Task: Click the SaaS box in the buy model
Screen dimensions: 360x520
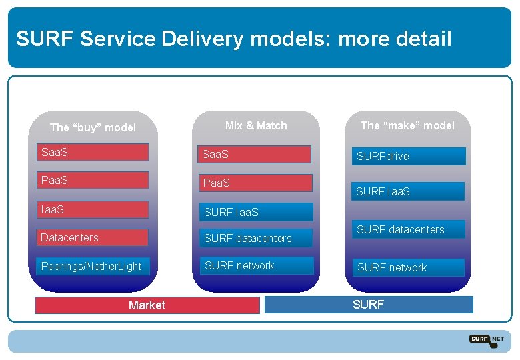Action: tap(93, 153)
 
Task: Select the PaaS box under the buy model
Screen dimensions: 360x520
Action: tap(93, 181)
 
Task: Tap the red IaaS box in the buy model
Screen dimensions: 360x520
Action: tap(93, 210)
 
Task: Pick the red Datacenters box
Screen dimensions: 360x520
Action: tap(93, 238)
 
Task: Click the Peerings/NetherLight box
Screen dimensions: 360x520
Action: tap(93, 267)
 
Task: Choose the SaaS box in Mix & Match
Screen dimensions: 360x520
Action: tap(256, 155)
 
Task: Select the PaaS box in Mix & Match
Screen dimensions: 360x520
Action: tap(256, 183)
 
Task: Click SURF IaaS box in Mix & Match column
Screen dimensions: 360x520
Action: tap(256, 212)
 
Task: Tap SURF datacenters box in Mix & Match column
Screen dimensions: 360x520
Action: tap(256, 238)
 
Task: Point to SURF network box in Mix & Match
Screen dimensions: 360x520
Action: tap(256, 265)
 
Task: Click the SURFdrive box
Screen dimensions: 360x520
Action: tap(409, 157)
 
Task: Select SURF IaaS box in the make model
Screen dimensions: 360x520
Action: tap(409, 191)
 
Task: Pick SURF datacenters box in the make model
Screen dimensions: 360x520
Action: tap(409, 229)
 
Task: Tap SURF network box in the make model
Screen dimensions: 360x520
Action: tap(409, 267)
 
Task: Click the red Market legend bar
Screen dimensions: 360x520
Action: tap(147, 305)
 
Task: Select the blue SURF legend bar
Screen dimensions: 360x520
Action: tap(369, 305)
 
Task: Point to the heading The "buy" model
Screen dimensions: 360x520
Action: tap(93, 127)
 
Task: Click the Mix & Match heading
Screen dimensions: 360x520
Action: tap(256, 125)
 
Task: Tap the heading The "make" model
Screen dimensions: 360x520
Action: tap(407, 125)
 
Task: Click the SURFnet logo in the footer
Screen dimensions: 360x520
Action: tap(487, 339)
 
